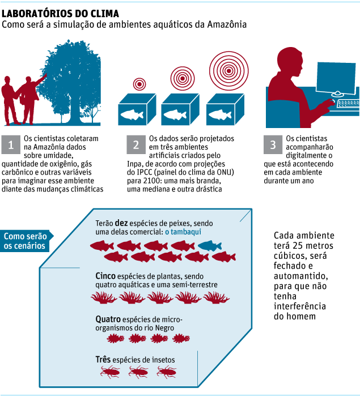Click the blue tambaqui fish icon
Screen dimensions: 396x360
(210, 245)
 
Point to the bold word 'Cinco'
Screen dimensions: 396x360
(106, 275)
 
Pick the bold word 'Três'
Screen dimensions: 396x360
(103, 359)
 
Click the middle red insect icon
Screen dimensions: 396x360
(139, 372)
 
